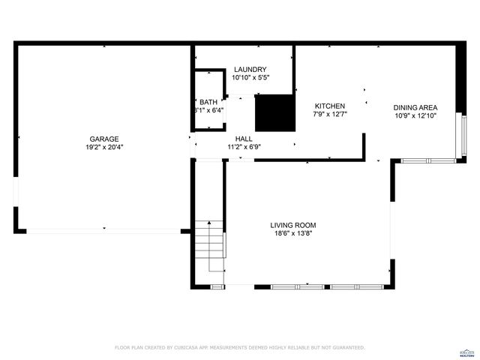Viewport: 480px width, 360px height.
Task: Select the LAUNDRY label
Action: pos(250,69)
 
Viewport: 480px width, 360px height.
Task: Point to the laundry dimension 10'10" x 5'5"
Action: pos(250,77)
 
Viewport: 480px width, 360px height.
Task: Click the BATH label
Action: pos(208,102)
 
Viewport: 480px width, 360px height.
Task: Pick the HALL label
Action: pos(244,139)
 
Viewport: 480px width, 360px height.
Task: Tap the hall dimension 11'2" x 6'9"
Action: pos(244,147)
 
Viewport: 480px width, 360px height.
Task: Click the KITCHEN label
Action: pos(329,106)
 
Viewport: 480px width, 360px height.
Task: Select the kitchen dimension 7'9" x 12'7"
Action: pos(329,115)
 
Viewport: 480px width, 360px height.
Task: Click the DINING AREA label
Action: pos(415,107)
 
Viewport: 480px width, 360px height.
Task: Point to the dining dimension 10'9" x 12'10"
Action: pos(415,115)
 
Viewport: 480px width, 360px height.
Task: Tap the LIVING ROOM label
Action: pos(293,225)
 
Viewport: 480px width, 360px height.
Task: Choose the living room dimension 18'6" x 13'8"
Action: pos(293,234)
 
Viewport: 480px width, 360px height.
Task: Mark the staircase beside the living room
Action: pos(210,245)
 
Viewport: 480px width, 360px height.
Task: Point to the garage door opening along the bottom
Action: pos(103,231)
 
